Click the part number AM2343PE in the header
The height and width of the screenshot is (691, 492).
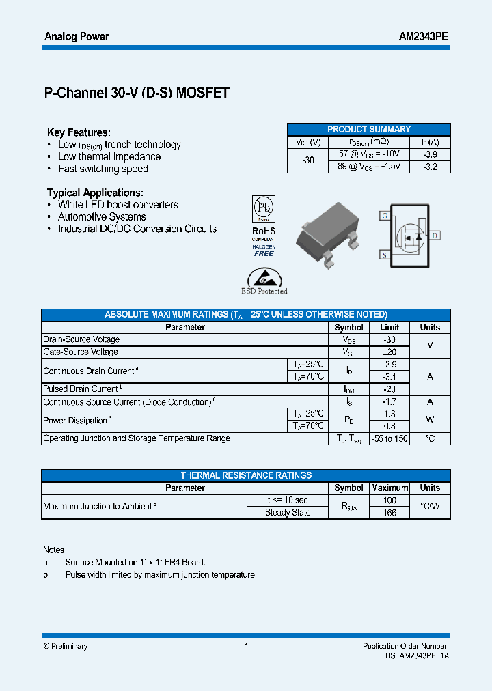(423, 36)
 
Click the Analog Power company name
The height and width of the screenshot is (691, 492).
(77, 36)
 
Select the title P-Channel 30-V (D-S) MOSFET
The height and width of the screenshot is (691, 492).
(137, 94)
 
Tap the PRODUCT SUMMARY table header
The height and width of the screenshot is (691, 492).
(369, 129)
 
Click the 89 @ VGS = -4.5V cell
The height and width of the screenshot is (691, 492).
(369, 166)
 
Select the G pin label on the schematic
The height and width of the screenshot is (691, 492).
(385, 216)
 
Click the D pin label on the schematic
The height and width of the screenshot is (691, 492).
(435, 236)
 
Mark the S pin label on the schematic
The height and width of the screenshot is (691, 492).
(385, 255)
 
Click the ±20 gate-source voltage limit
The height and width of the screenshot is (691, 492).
(389, 352)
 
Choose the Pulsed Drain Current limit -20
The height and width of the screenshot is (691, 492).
(389, 389)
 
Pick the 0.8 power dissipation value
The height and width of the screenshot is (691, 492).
(389, 426)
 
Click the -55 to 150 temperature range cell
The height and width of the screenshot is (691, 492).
(389, 438)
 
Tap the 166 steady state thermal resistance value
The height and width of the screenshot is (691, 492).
(389, 513)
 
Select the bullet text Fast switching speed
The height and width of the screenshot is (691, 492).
(102, 169)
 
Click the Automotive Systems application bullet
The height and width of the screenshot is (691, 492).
(102, 216)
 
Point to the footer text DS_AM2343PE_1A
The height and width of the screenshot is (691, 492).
(417, 655)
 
